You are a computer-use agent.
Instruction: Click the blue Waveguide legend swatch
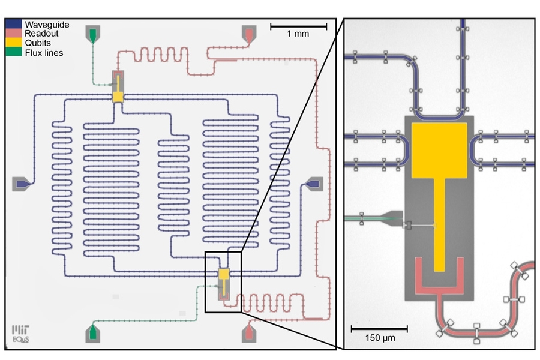(14, 25)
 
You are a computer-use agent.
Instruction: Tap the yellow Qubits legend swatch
(14, 43)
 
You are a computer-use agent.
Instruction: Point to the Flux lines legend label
(44, 53)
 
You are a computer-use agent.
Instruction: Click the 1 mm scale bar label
(298, 34)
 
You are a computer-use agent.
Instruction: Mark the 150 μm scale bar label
(379, 338)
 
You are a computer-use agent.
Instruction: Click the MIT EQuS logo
(21, 333)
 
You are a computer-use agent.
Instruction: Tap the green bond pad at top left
(93, 34)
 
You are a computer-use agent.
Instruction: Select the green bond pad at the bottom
(93, 333)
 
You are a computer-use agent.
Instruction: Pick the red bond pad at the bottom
(249, 333)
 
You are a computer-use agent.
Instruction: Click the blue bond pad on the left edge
(21, 184)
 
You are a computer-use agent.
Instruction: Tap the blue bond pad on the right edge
(314, 184)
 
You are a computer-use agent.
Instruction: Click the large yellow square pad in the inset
(439, 149)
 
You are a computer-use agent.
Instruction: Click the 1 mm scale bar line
(298, 26)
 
